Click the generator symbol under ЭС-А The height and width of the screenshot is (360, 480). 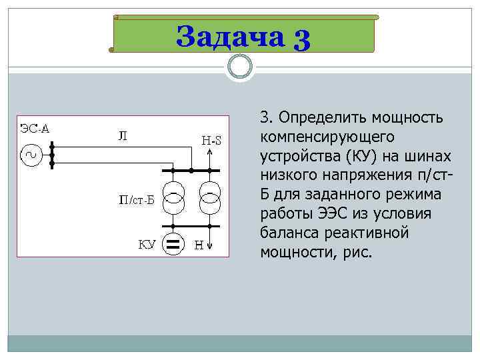31,156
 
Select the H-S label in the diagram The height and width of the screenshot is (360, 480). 211,140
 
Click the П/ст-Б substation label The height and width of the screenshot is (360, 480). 136,199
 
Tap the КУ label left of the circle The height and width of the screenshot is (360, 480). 147,245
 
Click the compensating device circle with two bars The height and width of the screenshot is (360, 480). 173,245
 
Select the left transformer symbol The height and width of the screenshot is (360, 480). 174,198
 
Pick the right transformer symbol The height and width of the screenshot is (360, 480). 210,198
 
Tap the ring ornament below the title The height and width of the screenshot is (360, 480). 240,66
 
